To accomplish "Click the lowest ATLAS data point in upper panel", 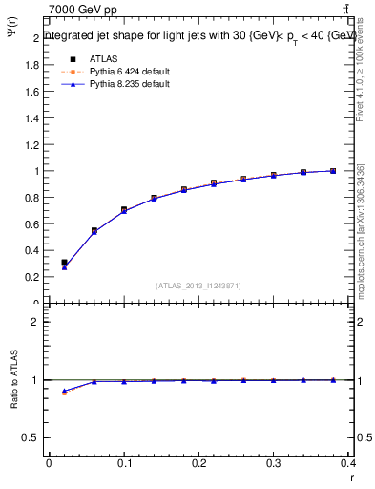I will click(64, 262).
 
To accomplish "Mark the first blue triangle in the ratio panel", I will click(64, 391).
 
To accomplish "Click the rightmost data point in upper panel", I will click(333, 171).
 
